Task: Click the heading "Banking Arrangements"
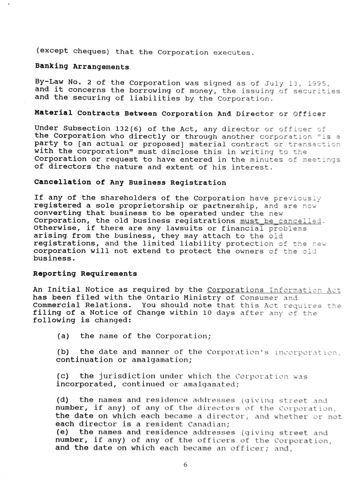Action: (82, 67)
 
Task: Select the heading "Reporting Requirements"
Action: (85, 274)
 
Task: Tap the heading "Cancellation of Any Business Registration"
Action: (130, 183)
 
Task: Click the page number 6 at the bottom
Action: (185, 465)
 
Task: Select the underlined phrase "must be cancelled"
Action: (281, 221)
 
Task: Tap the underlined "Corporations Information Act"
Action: (274, 290)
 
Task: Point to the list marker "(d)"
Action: (62, 400)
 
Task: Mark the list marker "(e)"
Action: (62, 432)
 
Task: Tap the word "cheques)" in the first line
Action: (91, 51)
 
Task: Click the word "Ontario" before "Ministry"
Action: (160, 298)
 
